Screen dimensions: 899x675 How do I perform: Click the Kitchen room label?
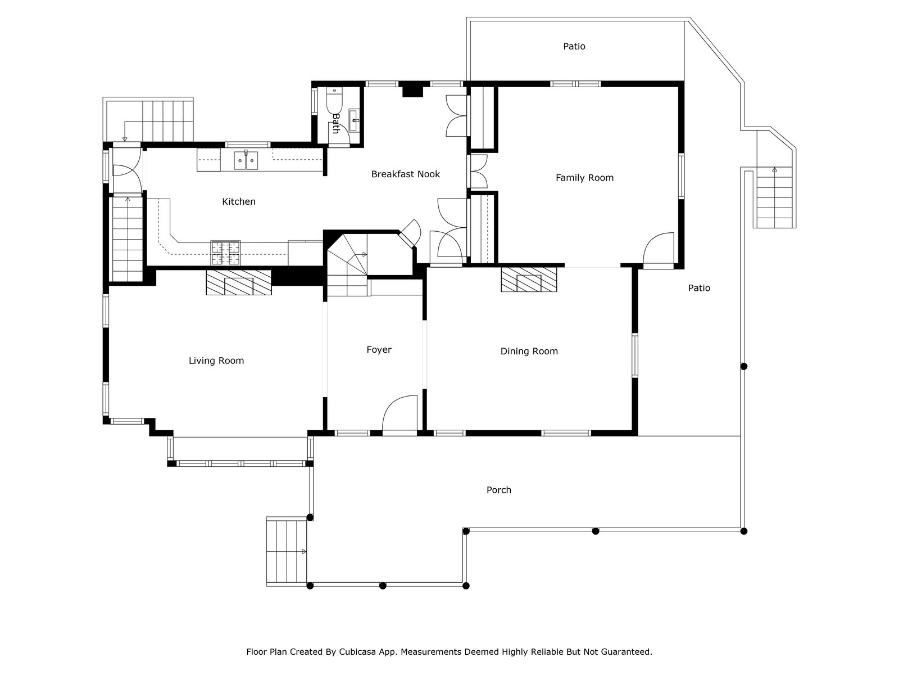point(239,201)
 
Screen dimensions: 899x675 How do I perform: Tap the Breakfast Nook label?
point(405,174)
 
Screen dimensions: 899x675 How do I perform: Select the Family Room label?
point(584,178)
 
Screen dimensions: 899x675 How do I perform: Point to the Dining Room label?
point(529,352)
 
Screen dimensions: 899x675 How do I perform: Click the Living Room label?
point(216,361)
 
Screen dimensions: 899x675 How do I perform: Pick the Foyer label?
point(379,350)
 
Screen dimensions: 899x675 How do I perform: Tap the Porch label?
point(498,490)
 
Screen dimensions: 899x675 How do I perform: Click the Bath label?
point(336,123)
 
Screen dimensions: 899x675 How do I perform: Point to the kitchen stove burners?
point(226,253)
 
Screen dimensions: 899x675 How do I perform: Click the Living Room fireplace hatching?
point(238,282)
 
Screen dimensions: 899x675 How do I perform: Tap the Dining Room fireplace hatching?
point(529,280)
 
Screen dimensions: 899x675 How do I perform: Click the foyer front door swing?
point(399,413)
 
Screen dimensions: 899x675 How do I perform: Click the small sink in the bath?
point(355,118)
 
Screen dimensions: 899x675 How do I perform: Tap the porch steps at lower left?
point(287,551)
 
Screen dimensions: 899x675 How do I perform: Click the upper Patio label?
point(574,46)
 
